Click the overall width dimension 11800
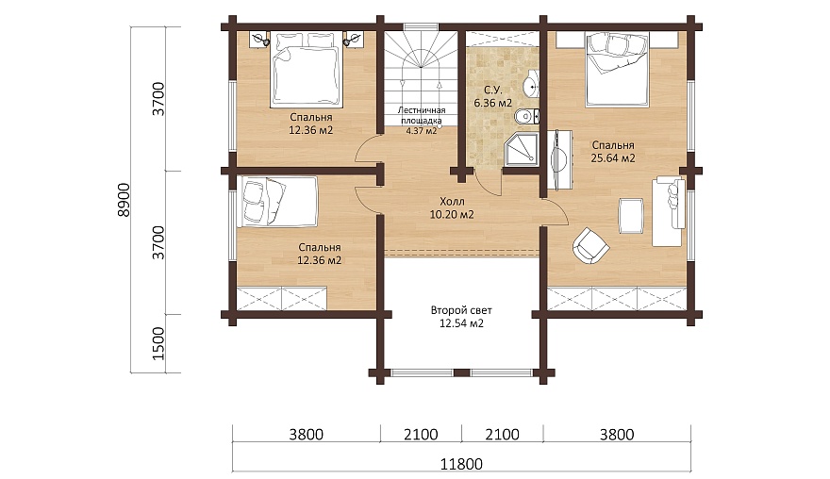[x=461, y=464]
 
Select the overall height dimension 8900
[x=123, y=200]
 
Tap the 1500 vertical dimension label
[x=158, y=343]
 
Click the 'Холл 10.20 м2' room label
[x=452, y=208]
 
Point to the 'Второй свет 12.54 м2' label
[x=461, y=317]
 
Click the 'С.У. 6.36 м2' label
[x=492, y=97]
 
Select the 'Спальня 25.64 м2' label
[x=613, y=152]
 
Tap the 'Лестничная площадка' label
[x=422, y=115]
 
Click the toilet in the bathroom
[x=527, y=115]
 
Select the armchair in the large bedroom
[x=590, y=245]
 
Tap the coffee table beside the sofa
[x=631, y=216]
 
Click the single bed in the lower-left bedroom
[x=277, y=202]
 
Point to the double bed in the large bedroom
[x=617, y=68]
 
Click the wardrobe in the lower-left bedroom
[x=281, y=299]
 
